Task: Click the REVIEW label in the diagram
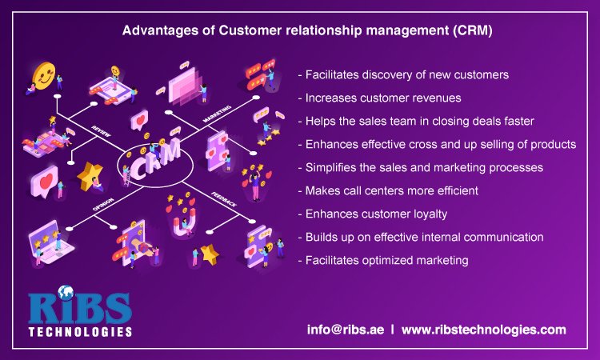point(102,129)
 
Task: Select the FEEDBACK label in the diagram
point(223,196)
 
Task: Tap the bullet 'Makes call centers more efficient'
point(389,191)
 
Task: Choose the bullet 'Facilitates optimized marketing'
point(380,262)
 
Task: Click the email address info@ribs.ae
point(345,330)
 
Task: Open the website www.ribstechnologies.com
point(483,330)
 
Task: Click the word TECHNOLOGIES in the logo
point(80,330)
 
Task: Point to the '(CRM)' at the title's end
point(473,33)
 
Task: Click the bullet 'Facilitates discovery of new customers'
point(403,74)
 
